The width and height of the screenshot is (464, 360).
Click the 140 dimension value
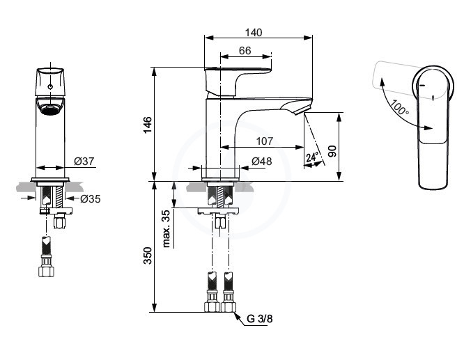tap(254, 33)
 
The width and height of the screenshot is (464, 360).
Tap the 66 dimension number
tap(245, 51)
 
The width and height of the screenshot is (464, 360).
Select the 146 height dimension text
tap(148, 125)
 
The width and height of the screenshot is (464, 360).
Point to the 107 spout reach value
tap(265, 141)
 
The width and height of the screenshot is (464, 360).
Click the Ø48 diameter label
tap(261, 162)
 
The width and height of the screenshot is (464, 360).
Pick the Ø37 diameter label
tap(84, 162)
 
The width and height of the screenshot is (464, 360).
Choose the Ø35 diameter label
tap(91, 199)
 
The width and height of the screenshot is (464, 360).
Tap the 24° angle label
tap(313, 157)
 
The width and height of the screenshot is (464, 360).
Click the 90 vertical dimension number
tap(332, 151)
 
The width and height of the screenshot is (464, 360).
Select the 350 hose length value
tap(148, 256)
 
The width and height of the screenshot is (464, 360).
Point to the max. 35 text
tap(167, 228)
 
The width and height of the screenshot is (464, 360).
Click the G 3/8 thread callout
tap(260, 319)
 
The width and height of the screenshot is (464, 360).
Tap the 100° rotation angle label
tap(399, 108)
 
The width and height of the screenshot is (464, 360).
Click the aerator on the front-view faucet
tap(50, 109)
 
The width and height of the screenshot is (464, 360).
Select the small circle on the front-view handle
tap(50, 86)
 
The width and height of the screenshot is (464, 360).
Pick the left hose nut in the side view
tap(212, 306)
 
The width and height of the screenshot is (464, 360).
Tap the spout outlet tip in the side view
tap(303, 110)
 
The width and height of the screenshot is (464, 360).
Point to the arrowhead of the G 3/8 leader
tap(236, 315)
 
